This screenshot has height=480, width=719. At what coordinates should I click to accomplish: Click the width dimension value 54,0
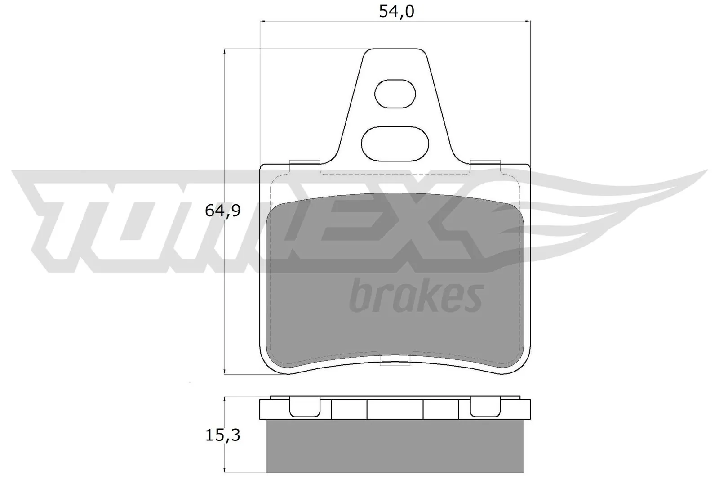pos(395,11)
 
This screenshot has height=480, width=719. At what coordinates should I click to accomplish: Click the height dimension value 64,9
pos(223,211)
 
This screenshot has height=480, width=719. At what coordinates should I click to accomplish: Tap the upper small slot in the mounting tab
pos(395,94)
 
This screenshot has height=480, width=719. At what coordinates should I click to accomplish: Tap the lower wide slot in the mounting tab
pos(395,144)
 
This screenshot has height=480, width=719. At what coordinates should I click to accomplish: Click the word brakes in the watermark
pos(416,296)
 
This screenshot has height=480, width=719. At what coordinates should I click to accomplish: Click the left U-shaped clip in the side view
pos(304,407)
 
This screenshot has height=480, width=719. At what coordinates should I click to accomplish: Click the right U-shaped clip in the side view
pos(485,407)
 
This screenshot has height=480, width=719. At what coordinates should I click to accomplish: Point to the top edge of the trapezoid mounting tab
pos(395,49)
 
